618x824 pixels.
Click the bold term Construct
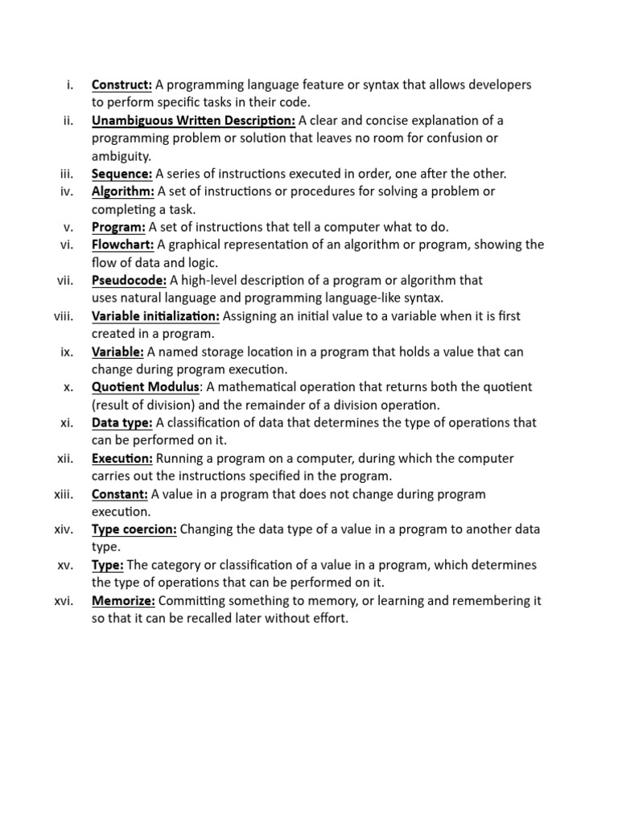[122, 84]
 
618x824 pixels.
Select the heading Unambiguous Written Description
[194, 121]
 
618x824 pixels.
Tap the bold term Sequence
[122, 174]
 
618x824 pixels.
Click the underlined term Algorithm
[123, 192]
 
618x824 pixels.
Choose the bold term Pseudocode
[129, 280]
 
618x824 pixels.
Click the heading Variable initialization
[155, 315]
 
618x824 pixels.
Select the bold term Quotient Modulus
[145, 387]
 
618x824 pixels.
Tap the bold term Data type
[122, 422]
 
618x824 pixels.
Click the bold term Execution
[122, 458]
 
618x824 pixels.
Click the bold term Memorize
[124, 601]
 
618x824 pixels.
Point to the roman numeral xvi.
[65, 601]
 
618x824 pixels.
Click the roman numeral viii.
[64, 315]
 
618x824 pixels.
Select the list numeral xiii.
[64, 493]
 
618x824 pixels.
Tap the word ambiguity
[121, 156]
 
